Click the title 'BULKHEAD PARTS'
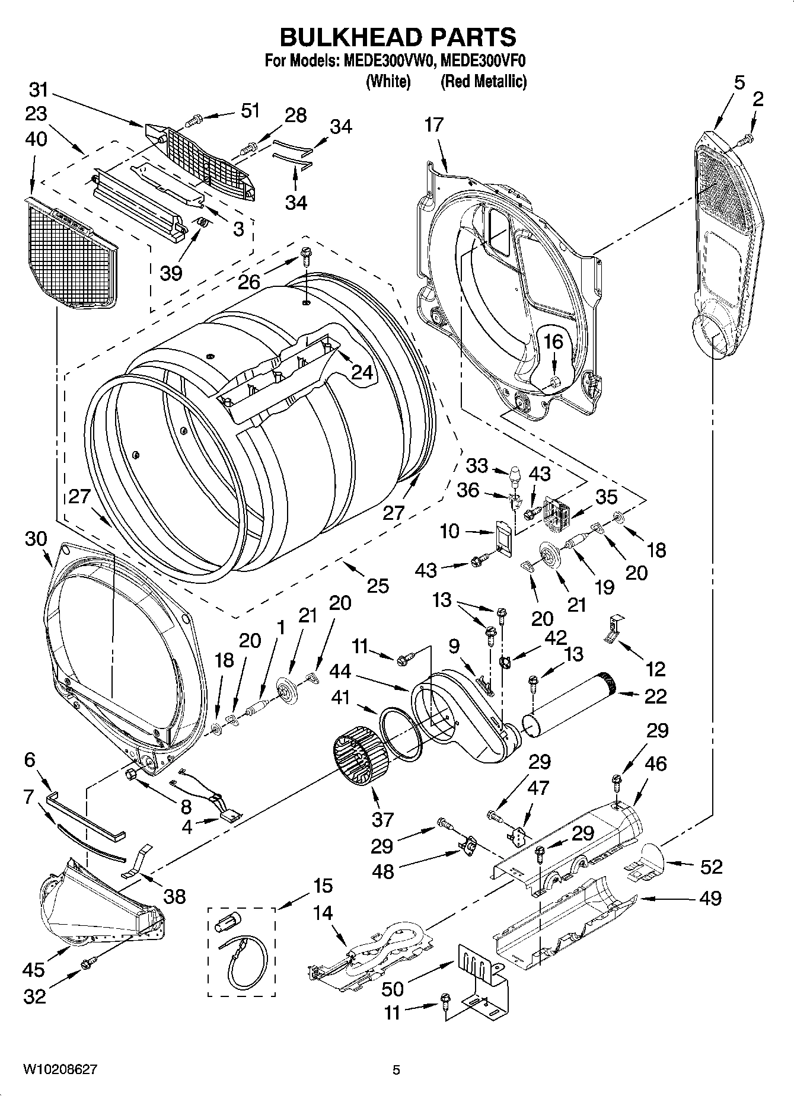(x=397, y=37)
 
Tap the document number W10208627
(x=60, y=1069)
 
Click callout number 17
(x=434, y=125)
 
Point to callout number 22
(x=655, y=695)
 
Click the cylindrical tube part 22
(x=569, y=705)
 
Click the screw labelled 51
(x=194, y=120)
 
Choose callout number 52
(x=711, y=867)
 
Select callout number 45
(x=34, y=970)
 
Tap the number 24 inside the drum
(x=362, y=372)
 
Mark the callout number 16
(x=553, y=342)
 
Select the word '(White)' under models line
(x=388, y=81)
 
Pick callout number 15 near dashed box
(x=323, y=886)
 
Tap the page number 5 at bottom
(x=396, y=1069)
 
